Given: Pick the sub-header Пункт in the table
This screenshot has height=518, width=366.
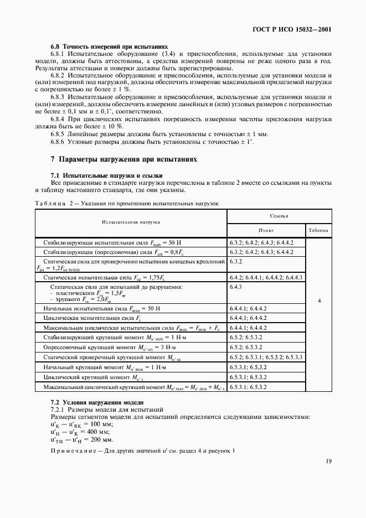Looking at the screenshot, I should click(266, 230).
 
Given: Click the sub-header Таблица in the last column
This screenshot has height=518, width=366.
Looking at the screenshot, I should click(318, 230).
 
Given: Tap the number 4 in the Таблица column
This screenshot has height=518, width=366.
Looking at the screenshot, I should click(318, 301).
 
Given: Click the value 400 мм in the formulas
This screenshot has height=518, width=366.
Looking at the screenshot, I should click(97, 432).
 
